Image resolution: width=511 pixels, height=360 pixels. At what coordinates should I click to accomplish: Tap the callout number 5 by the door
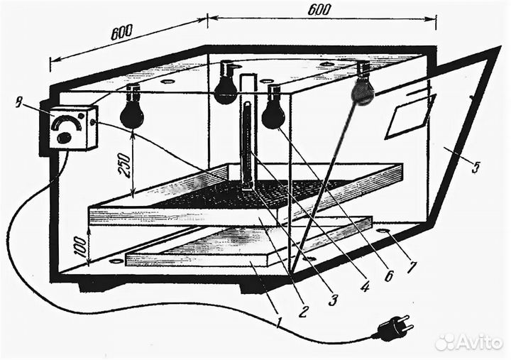point(476,168)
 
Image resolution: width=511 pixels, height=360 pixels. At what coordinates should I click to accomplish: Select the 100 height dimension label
point(79,245)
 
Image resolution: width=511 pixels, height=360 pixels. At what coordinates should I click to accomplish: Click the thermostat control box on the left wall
point(74,128)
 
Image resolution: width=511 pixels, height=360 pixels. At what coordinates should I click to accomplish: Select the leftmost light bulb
point(132,114)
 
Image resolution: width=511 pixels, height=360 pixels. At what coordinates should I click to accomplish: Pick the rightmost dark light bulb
point(363,91)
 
